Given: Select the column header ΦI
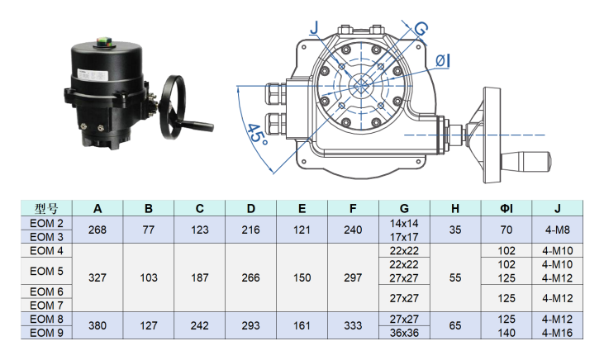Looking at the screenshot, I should click(507, 208).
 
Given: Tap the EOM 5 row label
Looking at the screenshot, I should click(46, 271).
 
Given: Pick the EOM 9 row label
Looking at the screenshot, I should click(46, 332).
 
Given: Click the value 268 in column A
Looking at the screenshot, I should click(97, 230).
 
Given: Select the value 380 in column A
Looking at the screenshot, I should click(97, 325).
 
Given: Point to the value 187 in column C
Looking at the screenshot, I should click(200, 277).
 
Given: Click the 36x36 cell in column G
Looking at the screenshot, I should click(404, 332).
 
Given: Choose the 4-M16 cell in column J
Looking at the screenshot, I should click(557, 332).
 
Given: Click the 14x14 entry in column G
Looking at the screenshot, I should click(404, 224).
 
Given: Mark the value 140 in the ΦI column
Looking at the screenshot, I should click(507, 332).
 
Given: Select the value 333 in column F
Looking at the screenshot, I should click(353, 325).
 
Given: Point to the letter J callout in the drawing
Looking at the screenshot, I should click(313, 28).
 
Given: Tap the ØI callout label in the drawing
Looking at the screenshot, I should click(443, 59).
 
